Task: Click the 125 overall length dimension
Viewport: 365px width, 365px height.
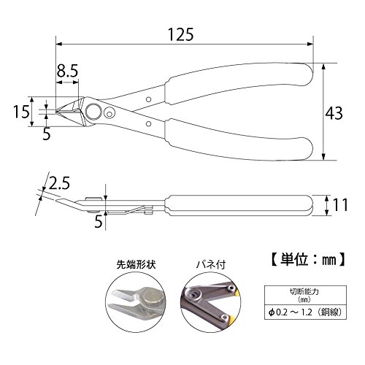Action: click(181, 34)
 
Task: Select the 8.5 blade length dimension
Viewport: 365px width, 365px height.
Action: click(67, 71)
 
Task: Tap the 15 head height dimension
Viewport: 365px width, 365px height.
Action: click(21, 112)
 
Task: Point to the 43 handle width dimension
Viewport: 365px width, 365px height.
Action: click(334, 113)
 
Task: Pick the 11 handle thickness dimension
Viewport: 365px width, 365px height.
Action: click(340, 205)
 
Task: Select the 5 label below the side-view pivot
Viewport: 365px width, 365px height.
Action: click(99, 222)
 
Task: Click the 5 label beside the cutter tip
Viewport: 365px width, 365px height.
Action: click(47, 134)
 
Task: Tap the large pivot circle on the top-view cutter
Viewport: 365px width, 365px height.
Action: click(93, 112)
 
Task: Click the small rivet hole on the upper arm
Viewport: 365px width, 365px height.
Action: click(149, 99)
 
